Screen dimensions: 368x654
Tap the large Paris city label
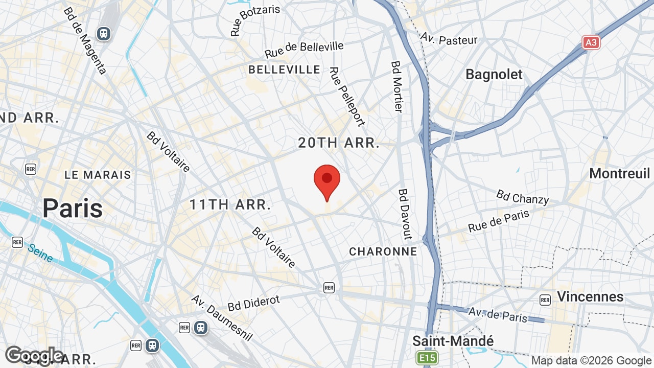73,209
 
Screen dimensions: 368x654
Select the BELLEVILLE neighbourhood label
284,70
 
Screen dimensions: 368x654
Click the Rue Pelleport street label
347,97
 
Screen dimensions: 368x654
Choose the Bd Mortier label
397,87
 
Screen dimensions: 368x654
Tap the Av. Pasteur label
449,39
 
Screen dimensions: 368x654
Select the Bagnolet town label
494,75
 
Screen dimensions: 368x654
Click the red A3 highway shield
591,42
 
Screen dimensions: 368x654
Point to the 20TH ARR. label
339,143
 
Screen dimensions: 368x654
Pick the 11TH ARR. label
230,205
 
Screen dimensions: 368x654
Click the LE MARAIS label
98,175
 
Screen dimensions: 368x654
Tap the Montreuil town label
619,174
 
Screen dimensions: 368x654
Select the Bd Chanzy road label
522,197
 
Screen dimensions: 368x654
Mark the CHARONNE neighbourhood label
383,251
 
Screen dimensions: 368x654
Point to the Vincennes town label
590,297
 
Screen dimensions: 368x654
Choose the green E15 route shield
427,358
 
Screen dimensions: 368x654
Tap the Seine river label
40,252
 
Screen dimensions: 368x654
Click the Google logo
34,355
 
